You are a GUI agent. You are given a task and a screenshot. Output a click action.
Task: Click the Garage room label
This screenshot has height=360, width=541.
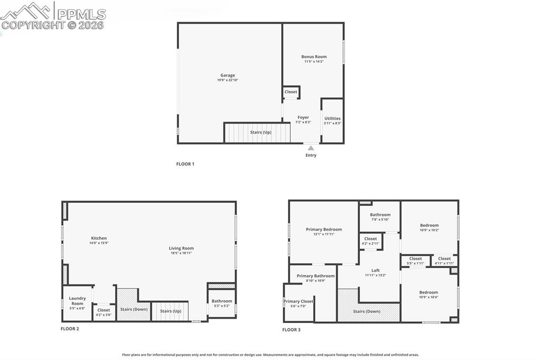(228, 75)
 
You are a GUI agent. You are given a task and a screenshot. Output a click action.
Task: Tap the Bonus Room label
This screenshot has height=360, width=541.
(314, 56)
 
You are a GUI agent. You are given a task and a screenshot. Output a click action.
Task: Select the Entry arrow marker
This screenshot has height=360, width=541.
(311, 148)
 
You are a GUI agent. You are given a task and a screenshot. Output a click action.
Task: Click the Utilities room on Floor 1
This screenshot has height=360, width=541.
(332, 120)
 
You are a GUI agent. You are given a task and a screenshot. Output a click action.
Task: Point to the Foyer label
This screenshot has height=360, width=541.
(303, 118)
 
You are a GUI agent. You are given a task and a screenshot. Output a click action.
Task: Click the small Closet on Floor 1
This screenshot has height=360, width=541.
(291, 92)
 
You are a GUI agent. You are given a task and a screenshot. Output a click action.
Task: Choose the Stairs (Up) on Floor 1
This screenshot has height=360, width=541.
(260, 132)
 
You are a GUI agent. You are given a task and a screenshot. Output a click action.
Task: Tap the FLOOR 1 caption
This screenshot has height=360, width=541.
(185, 164)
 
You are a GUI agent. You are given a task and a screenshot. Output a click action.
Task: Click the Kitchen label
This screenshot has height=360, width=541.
(99, 238)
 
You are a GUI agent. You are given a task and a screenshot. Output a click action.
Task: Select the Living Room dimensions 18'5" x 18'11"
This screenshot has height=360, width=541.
(181, 253)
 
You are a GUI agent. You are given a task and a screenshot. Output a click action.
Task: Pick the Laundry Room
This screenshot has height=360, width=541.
(77, 303)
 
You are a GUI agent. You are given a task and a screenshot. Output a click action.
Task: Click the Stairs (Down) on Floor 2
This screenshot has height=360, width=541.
(134, 309)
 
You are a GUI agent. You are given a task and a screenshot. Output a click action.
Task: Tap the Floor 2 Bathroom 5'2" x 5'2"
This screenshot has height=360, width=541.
(222, 303)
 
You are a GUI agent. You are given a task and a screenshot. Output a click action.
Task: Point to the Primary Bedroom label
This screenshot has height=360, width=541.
(324, 230)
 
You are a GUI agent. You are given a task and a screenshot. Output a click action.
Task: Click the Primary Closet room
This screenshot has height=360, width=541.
(299, 304)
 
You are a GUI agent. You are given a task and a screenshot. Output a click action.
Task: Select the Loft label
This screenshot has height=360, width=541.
(376, 270)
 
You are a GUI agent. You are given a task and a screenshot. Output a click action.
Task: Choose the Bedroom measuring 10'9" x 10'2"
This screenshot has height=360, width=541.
(429, 228)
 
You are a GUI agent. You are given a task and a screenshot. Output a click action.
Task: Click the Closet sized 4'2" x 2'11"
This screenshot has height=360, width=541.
(371, 241)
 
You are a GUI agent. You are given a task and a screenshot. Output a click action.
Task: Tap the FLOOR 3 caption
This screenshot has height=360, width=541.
(291, 330)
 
